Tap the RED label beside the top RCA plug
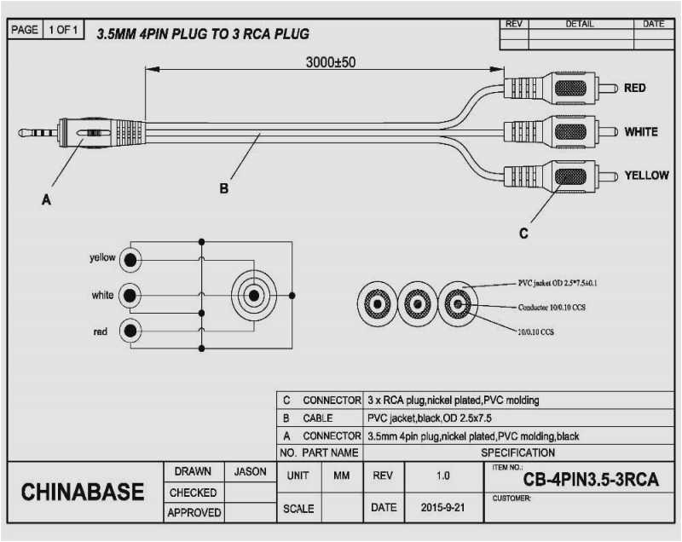[634, 88]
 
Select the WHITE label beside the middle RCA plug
[640, 132]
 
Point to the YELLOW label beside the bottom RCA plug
[646, 175]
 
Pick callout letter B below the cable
[224, 189]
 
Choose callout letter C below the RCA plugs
[523, 232]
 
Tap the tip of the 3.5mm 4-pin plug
[22, 132]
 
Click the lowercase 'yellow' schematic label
[102, 257]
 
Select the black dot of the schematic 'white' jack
[130, 295]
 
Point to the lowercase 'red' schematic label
[101, 332]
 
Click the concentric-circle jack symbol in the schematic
[252, 296]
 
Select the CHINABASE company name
[83, 492]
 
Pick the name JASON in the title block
[249, 471]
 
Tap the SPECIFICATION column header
[517, 453]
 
